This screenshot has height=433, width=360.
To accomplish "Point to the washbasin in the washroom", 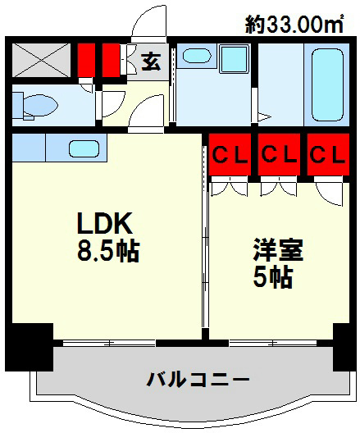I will (x=195, y=57).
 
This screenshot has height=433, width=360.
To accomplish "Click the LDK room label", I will (x=105, y=223).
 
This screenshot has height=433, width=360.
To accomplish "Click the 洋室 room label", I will (x=278, y=249).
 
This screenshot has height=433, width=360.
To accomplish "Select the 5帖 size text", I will (x=272, y=277).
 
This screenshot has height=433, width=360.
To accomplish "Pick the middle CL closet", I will (x=278, y=155).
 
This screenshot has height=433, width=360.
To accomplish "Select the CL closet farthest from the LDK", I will (x=326, y=155).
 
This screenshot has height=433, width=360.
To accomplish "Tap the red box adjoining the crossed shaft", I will (x=86, y=58).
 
